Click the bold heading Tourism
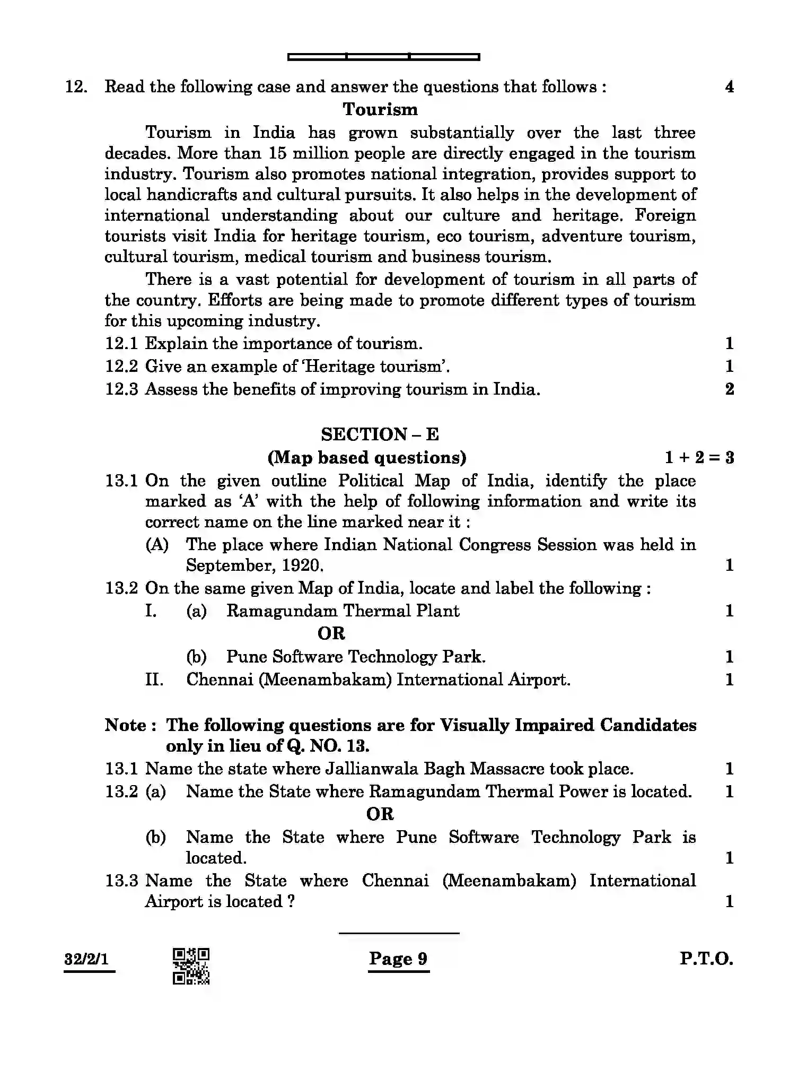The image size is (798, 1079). tap(380, 109)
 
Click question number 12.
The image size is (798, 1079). tap(76, 86)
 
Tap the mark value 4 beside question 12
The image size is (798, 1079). tap(729, 86)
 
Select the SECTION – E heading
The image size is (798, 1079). tap(380, 434)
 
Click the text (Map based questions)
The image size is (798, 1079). tap(367, 457)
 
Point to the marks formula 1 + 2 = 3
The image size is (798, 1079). tap(699, 457)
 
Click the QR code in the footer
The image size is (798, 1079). tap(191, 966)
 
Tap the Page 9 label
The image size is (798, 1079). tap(398, 959)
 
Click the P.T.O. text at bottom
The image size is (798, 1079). tap(706, 959)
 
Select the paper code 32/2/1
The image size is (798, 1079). tap(86, 959)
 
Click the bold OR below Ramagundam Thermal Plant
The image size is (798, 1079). tap(331, 633)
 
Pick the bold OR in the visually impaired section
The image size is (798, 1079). tap(380, 814)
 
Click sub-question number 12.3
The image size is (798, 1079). tap(121, 389)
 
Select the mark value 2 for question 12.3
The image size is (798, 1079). tap(729, 389)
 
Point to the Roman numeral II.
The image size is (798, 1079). tap(154, 680)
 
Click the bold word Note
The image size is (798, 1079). tap(125, 725)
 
